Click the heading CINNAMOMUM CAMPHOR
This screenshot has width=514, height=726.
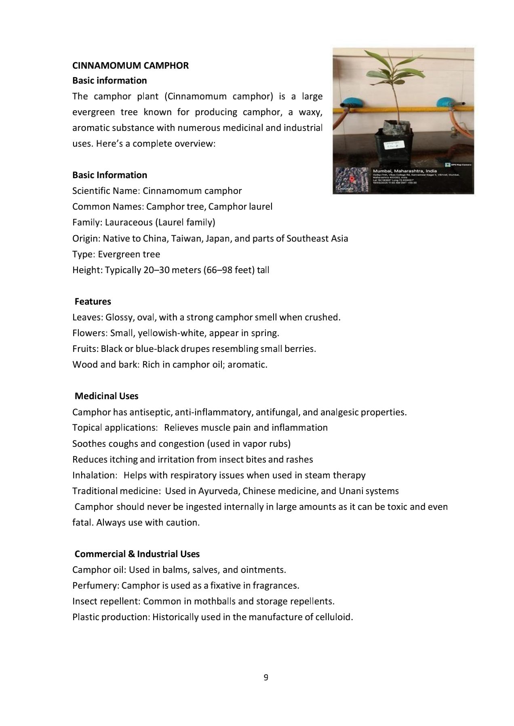coord(130,65)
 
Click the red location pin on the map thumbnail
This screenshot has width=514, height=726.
coord(351,179)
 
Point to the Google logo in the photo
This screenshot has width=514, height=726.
coord(345,188)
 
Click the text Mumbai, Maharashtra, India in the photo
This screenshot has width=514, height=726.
coord(404,171)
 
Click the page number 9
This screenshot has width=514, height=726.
coord(265,678)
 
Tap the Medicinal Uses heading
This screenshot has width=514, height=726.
coord(106,396)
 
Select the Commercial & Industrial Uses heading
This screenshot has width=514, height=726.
coord(137,554)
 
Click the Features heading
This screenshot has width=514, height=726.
coord(93,301)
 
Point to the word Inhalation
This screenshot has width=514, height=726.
coord(95,475)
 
